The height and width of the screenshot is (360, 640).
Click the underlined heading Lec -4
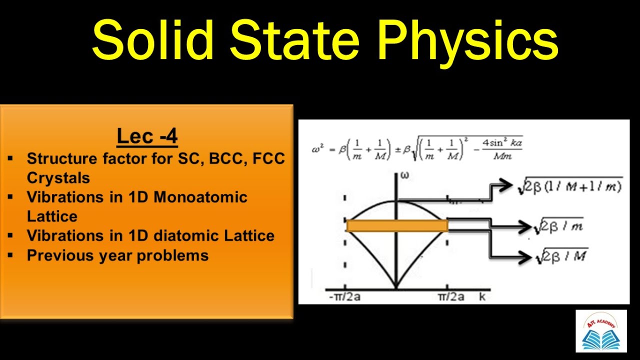click(x=147, y=136)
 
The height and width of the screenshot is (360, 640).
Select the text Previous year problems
click(x=117, y=255)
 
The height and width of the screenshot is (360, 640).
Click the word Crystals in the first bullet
click(x=58, y=178)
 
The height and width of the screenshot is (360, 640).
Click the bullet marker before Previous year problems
click(x=10, y=255)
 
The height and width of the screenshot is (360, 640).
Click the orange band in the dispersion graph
click(x=397, y=226)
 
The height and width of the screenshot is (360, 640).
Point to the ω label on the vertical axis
click(x=404, y=176)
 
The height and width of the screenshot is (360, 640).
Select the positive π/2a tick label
click(x=451, y=297)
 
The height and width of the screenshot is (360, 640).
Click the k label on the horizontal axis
click(x=482, y=296)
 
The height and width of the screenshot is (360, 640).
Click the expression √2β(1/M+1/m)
click(x=570, y=186)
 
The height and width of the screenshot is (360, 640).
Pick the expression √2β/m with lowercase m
click(x=558, y=226)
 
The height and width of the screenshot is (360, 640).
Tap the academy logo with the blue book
click(x=600, y=331)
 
